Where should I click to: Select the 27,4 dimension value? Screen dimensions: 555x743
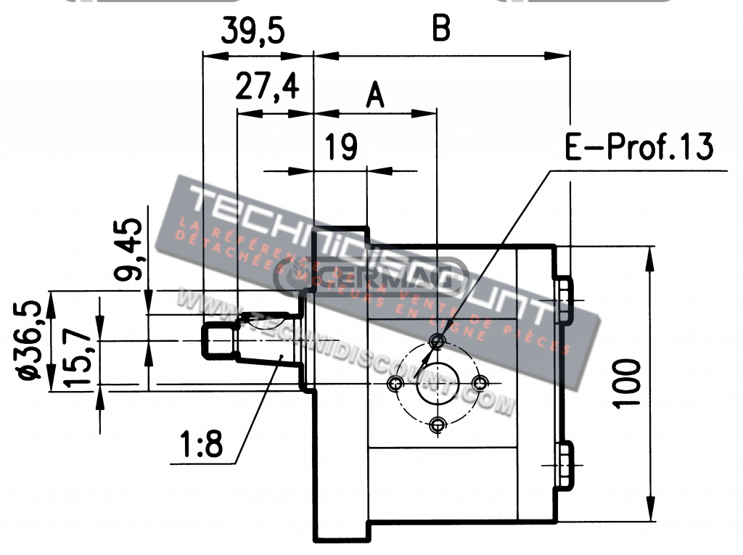click(267, 87)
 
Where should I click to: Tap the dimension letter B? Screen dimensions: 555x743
click(441, 29)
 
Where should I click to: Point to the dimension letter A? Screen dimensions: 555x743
click(374, 95)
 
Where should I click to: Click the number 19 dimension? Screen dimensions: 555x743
click(340, 147)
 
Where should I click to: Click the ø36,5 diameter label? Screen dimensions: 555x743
click(30, 340)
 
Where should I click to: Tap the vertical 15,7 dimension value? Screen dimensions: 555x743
click(78, 355)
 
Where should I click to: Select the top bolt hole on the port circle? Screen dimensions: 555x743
click(437, 340)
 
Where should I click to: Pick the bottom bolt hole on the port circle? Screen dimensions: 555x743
click(437, 424)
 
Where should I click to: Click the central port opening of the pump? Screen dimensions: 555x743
click(437, 382)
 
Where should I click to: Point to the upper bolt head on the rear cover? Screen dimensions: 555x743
click(564, 300)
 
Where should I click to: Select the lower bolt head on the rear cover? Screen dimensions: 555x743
click(564, 464)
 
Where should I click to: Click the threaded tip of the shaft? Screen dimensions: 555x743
click(218, 341)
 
